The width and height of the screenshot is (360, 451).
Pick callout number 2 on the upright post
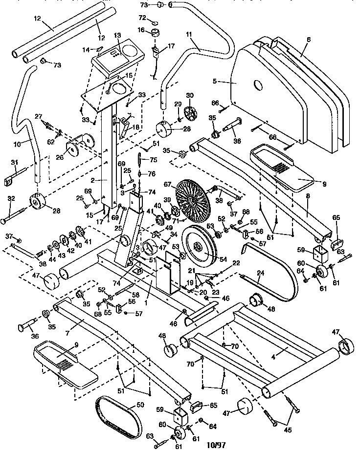98,180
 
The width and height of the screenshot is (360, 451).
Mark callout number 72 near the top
142,18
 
